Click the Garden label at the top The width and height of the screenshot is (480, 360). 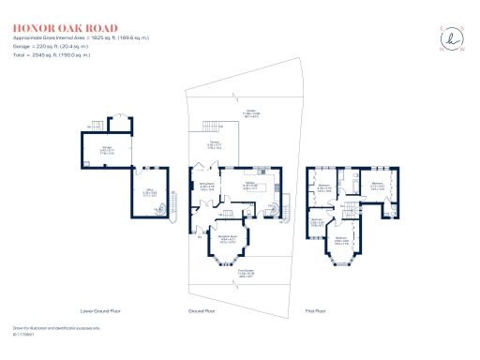point(251,113)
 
